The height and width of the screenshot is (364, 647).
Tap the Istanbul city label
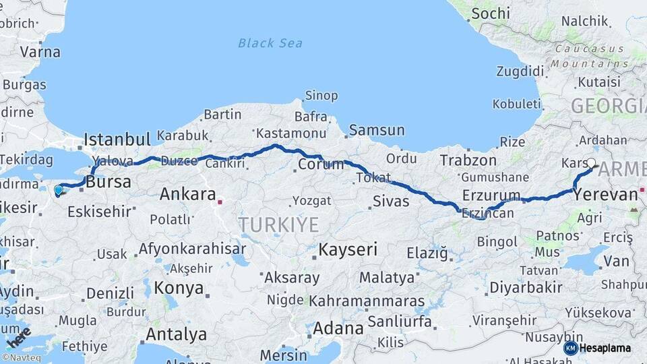[x=117, y=140]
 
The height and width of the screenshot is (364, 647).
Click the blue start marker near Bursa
[x=59, y=190]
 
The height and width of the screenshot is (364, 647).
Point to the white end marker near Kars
[x=591, y=162]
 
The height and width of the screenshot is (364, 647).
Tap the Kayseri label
[x=348, y=249]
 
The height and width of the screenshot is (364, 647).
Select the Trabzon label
[x=468, y=160]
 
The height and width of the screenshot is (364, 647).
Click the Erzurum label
[x=491, y=196]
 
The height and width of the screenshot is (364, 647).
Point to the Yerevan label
[x=605, y=195]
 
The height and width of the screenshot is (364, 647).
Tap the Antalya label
[x=176, y=334]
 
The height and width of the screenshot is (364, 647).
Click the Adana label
[x=338, y=328]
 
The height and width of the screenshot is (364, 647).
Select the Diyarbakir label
[x=526, y=287]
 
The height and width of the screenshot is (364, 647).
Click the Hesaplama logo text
[x=606, y=348]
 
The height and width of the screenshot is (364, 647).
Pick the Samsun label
[x=377, y=130]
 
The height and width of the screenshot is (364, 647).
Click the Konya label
[x=179, y=288]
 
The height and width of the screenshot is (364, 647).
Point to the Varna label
[x=40, y=52]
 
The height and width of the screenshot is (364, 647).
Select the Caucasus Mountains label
[x=590, y=57]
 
